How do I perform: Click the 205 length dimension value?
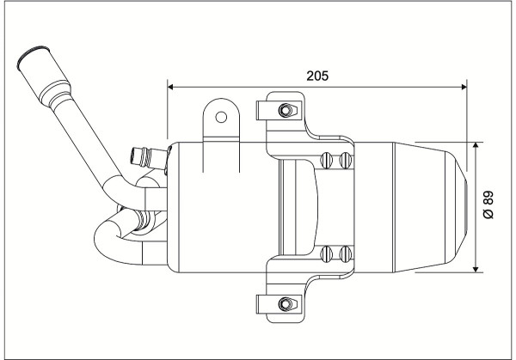click(x=317, y=76)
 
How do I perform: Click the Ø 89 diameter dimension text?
click(x=489, y=204)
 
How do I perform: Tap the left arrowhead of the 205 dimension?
click(x=170, y=87)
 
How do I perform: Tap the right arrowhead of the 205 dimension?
click(x=464, y=87)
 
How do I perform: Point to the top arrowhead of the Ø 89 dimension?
click(x=476, y=145)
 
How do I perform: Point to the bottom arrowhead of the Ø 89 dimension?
click(x=476, y=270)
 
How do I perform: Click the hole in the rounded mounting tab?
click(x=221, y=117)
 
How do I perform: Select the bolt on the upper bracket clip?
click(x=286, y=110)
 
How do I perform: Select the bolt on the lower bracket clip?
click(x=286, y=304)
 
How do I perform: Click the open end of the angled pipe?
click(x=33, y=57)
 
